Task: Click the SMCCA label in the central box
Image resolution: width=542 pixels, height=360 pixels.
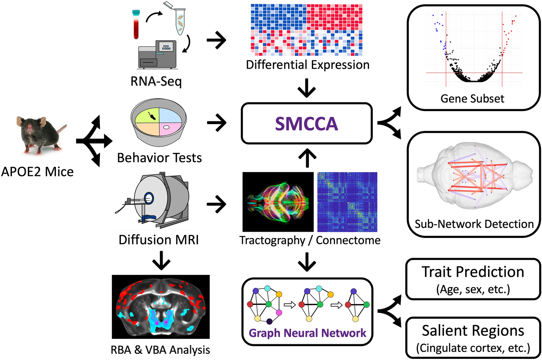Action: point(307,124)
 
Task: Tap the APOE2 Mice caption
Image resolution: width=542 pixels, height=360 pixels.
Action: point(37,172)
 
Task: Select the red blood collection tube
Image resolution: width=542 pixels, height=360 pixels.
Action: point(136,25)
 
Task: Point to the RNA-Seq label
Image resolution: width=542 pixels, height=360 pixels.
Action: point(156,81)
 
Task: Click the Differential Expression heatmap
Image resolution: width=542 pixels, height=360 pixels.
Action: point(307,30)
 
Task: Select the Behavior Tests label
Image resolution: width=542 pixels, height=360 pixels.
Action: point(159,158)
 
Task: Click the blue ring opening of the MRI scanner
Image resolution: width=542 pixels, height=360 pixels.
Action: point(149,198)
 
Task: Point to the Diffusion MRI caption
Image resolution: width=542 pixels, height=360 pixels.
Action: point(158,240)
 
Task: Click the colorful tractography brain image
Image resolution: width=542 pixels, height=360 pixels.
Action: point(278,202)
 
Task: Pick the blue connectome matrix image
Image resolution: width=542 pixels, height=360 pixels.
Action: point(347,202)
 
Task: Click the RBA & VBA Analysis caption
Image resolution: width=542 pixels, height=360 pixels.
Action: point(160,350)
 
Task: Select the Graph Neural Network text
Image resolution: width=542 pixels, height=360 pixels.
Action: point(307,333)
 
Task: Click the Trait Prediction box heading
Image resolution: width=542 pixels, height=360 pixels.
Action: point(473,272)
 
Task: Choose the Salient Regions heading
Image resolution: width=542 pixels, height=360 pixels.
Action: point(473,331)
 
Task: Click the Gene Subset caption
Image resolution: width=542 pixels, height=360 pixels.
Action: point(472,99)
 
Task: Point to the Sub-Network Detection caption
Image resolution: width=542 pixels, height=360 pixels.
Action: point(474,224)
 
